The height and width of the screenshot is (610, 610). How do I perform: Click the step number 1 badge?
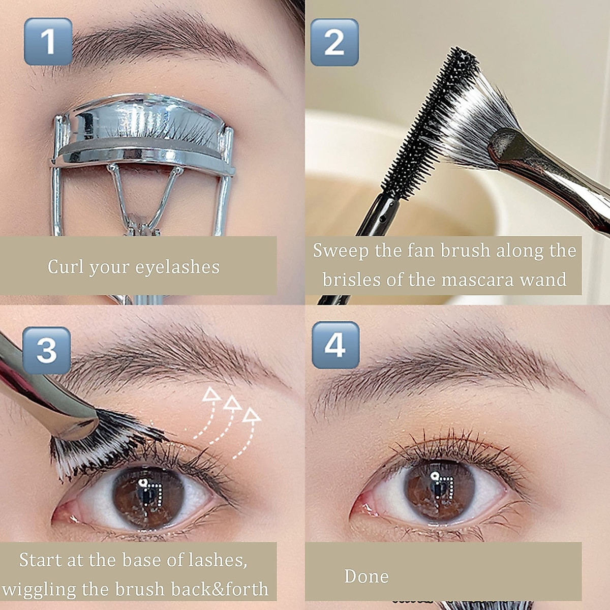tap(48, 42)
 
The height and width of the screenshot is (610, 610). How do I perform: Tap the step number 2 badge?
tap(334, 43)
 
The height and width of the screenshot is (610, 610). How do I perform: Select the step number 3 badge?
tap(46, 351)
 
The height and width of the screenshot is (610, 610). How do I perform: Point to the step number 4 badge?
tap(335, 345)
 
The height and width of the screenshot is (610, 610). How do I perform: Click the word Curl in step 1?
tap(66, 266)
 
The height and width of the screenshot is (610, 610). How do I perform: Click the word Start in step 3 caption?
tap(40, 560)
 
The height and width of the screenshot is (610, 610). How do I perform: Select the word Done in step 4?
tap(366, 576)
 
